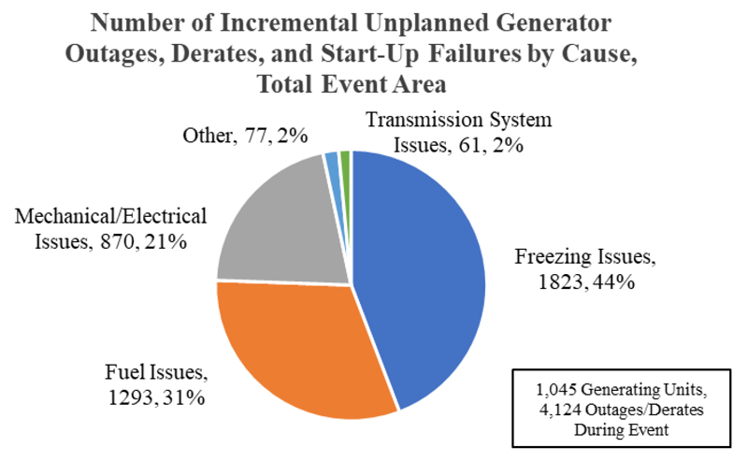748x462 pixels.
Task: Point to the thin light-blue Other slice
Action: point(332,164)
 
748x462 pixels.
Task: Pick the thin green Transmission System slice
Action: point(345,162)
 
